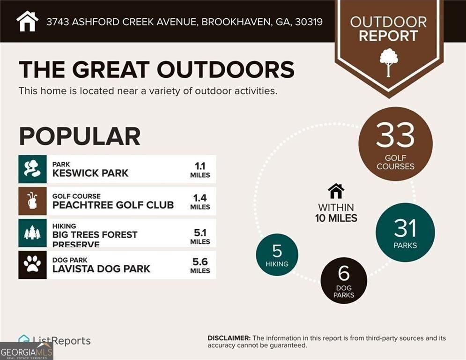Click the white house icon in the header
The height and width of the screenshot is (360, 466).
[x=27, y=21]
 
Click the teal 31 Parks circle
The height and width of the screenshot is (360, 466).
[x=405, y=232]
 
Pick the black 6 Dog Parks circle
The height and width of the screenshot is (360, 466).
[x=344, y=280]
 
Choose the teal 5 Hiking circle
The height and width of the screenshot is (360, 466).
[x=277, y=255]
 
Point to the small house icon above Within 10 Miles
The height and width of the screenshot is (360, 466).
[x=336, y=191]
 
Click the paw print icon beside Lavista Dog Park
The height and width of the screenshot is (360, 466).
[x=32, y=265]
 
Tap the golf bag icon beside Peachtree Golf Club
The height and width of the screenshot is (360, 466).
[x=32, y=201]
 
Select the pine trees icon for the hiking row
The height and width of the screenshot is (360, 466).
[x=32, y=233]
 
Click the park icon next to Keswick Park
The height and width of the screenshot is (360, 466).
[x=32, y=169]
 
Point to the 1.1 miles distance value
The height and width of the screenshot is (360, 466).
[x=200, y=169]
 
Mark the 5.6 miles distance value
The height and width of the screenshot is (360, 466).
[x=200, y=265]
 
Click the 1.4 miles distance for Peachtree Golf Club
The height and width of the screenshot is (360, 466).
[x=200, y=201]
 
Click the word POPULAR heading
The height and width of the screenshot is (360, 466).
[x=80, y=136]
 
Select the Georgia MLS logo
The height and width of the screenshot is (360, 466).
[x=26, y=351]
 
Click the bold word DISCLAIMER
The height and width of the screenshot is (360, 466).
[x=229, y=338]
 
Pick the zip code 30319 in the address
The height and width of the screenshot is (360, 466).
[x=309, y=22]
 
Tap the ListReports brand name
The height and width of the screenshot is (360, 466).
[x=61, y=341]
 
